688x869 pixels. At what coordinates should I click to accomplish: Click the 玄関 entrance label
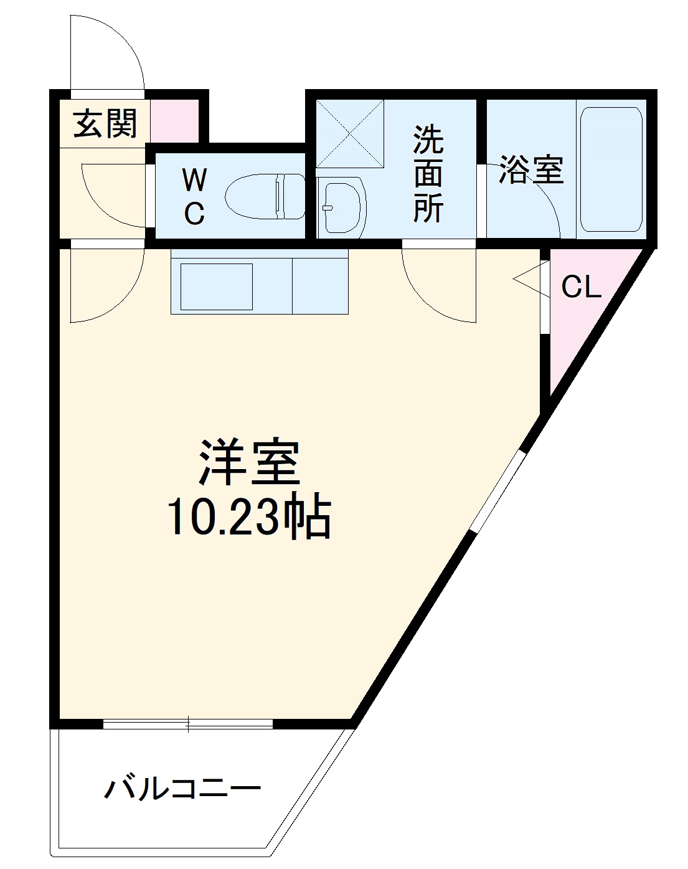[x=105, y=123]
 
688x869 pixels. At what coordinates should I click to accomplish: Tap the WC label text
[x=194, y=197]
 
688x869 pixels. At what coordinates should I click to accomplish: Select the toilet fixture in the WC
[x=265, y=197]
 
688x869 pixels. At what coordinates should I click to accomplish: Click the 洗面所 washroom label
[x=428, y=174]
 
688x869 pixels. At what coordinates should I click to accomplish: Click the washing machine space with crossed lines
[x=349, y=133]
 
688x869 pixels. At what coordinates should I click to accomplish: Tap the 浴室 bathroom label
[x=530, y=169]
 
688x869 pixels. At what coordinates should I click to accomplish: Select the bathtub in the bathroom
[x=610, y=169]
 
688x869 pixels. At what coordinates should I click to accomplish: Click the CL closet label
[x=581, y=287]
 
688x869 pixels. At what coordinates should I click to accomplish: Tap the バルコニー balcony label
[x=182, y=790]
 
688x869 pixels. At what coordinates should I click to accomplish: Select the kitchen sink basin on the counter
[x=216, y=287]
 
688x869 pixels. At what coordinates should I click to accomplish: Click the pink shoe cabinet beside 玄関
[x=174, y=120]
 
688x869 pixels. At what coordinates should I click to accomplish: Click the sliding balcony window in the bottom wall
[x=187, y=724]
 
